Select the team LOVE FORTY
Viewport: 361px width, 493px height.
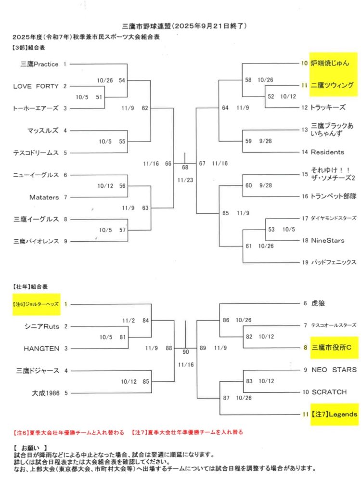36,86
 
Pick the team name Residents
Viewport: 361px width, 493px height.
327,152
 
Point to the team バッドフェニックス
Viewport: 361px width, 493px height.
334,262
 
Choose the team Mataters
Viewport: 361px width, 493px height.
43,197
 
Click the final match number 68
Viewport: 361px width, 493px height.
185,168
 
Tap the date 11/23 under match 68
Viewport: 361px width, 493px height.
184,180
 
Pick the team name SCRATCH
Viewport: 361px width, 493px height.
329,392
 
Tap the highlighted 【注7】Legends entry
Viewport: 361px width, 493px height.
334,414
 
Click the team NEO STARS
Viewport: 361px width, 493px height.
334,370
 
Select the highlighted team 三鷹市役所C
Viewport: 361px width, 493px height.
332,348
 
